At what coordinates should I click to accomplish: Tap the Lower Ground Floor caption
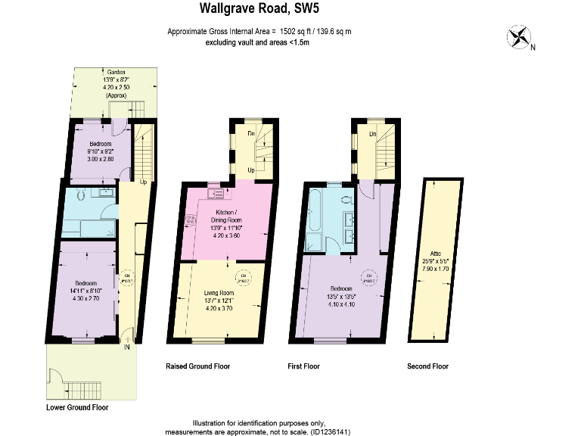tap(77, 407)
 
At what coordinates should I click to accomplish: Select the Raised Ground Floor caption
tap(197, 366)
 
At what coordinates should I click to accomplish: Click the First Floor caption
tap(303, 366)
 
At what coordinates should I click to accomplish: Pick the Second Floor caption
tap(427, 366)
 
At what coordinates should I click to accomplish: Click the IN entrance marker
tap(126, 347)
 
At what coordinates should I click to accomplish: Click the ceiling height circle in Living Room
tap(244, 276)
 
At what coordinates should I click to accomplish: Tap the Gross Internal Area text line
tap(259, 32)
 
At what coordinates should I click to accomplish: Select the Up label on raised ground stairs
tap(250, 170)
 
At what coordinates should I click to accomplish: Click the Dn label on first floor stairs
tap(372, 133)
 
